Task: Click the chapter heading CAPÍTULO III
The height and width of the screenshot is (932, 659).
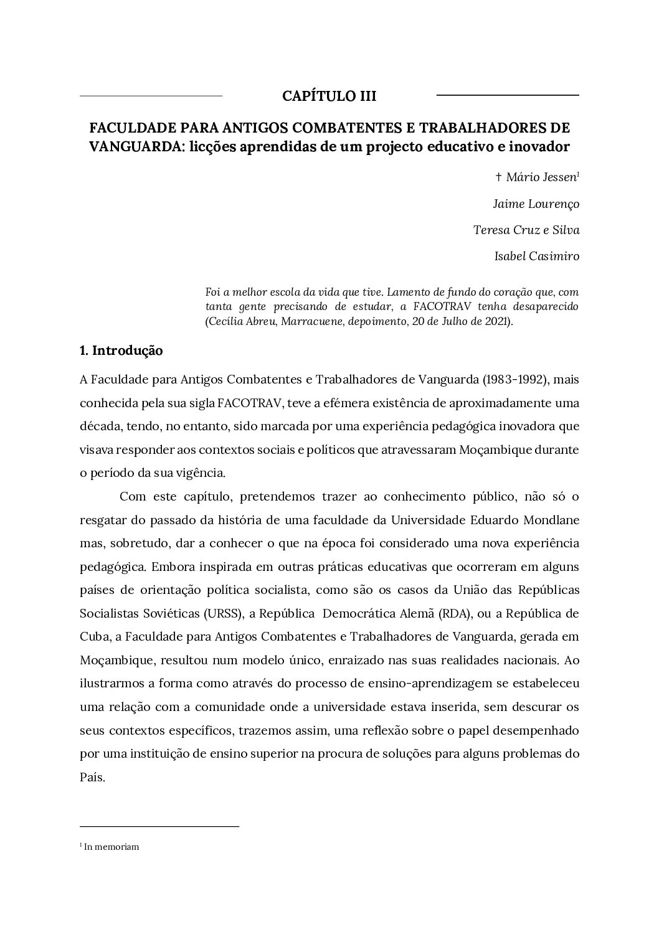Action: (329, 96)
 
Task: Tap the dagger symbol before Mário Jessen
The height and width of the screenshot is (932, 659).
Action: (498, 177)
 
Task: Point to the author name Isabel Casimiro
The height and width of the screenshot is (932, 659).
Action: (536, 256)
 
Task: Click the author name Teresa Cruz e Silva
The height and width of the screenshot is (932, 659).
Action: (526, 230)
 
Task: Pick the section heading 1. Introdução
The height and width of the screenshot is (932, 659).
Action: (121, 351)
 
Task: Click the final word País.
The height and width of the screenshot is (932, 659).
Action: (93, 777)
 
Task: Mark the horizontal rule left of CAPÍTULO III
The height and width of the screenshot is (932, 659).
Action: (151, 96)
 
